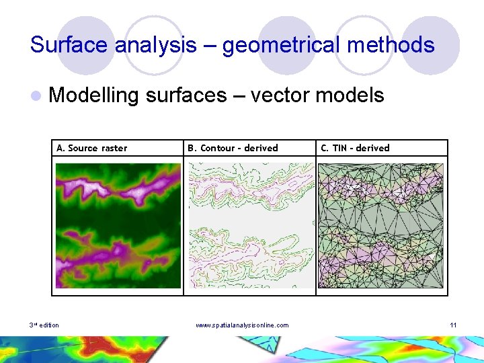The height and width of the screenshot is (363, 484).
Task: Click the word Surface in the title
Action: point(69,45)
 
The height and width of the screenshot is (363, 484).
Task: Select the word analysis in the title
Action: point(155,45)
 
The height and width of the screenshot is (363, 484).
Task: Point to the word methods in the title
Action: point(397,45)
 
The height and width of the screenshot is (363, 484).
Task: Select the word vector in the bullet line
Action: point(282,95)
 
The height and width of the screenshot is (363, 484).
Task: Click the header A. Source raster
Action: point(91,148)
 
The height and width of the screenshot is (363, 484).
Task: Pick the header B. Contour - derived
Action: point(232,148)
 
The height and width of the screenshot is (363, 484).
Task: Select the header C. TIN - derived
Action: point(355,148)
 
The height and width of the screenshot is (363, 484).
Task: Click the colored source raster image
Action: point(118,226)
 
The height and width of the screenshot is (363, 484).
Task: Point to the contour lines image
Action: point(250,226)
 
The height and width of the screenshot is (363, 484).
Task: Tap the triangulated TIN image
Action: point(381,226)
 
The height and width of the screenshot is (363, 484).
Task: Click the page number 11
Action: point(453,325)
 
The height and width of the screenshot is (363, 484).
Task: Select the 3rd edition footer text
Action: point(44,325)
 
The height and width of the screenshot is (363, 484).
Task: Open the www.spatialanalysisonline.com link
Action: point(242,325)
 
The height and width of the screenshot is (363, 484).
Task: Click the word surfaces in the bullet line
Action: point(186,95)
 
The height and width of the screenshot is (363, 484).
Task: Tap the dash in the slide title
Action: point(209,46)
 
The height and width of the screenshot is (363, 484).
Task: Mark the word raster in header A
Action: point(114,148)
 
